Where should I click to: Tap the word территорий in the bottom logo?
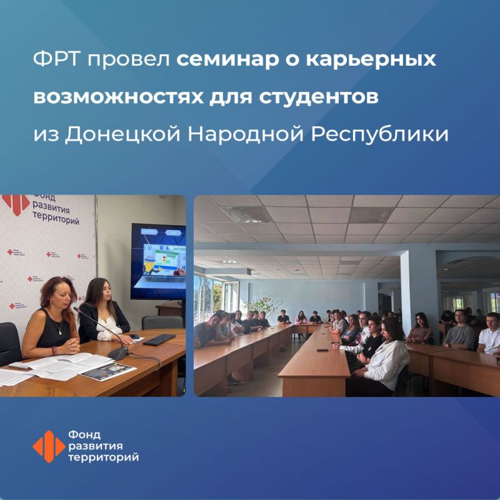(104, 458)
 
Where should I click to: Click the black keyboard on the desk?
(159, 339)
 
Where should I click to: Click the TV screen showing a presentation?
(159, 261)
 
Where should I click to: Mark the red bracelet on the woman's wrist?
(55, 351)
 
